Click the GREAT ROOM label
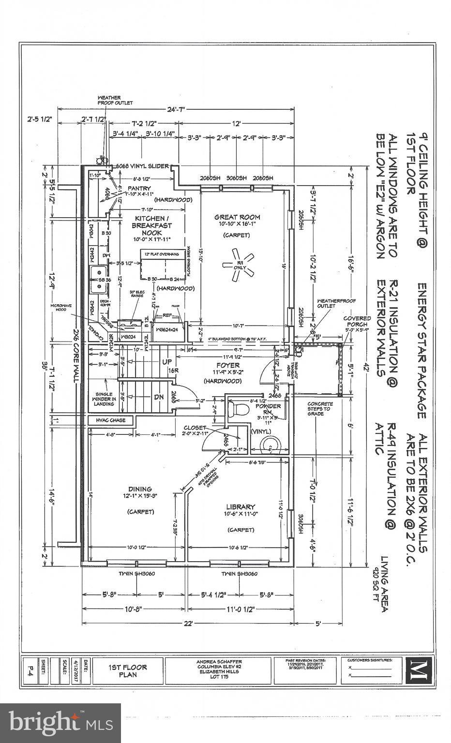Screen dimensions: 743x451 [x=237, y=217]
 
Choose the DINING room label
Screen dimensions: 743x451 [x=140, y=489]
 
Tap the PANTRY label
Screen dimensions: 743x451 [x=139, y=188]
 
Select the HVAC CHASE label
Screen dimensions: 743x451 [x=111, y=420]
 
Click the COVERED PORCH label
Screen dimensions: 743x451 [x=357, y=321]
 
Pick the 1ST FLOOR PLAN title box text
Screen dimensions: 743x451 [x=128, y=670]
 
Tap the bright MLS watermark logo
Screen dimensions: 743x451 [x=60, y=723]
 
